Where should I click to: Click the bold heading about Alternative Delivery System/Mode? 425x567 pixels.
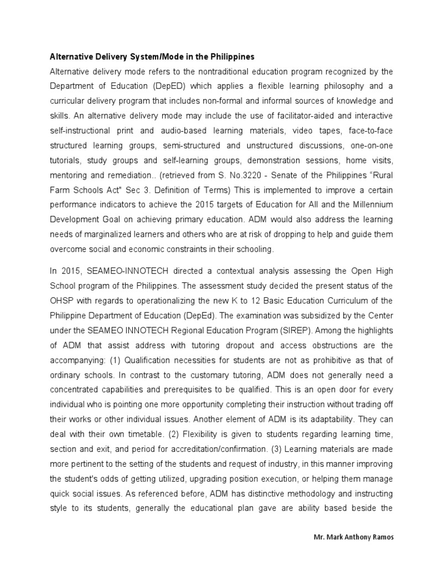coord(152,57)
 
